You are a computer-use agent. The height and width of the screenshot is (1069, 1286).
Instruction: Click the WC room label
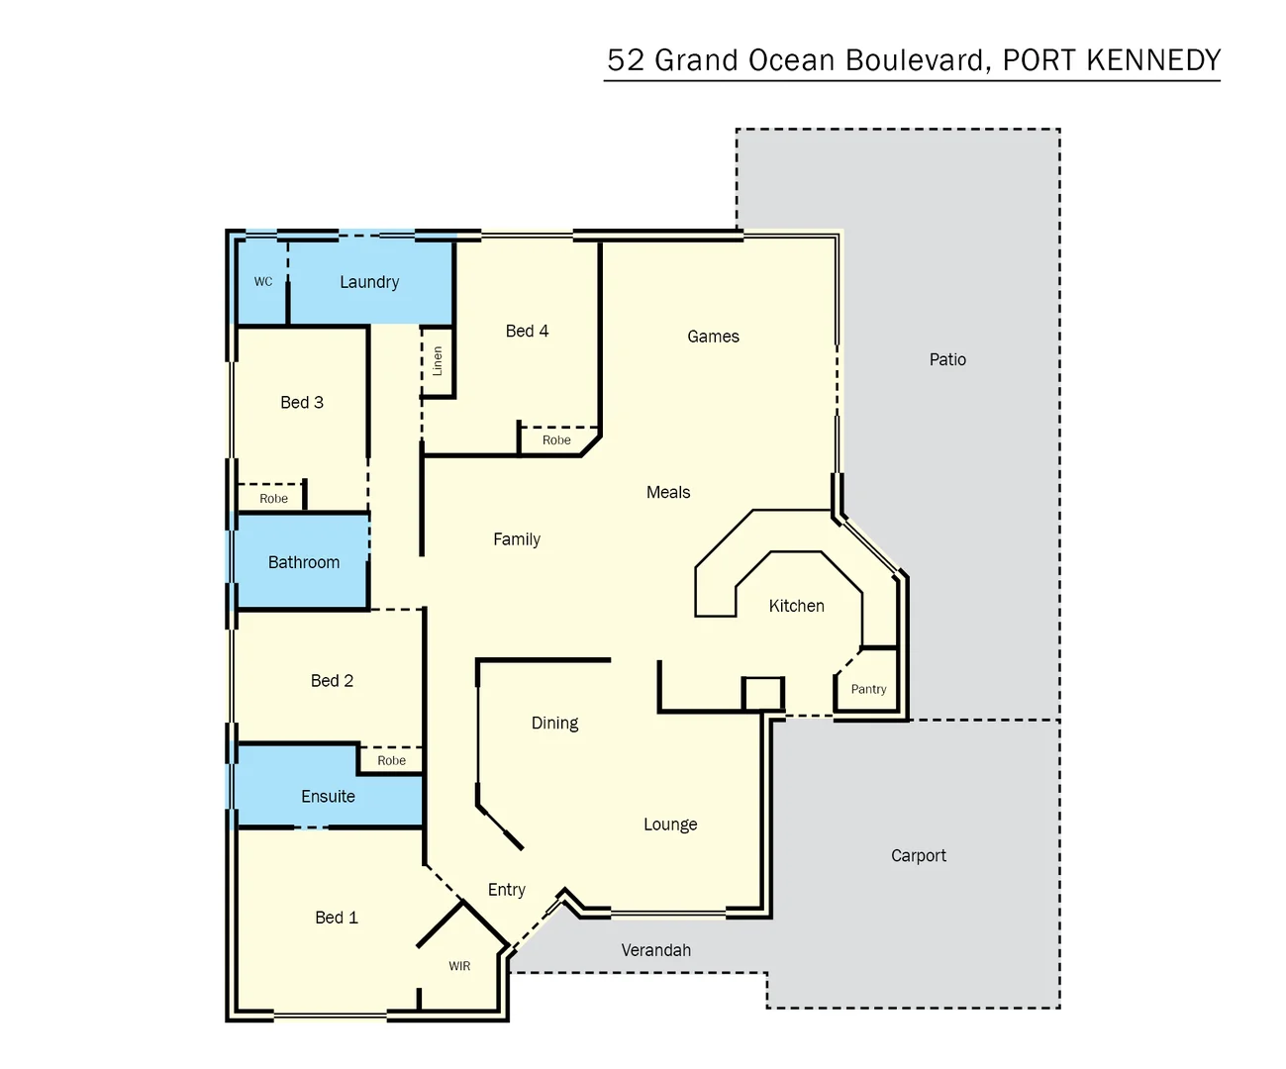click(263, 282)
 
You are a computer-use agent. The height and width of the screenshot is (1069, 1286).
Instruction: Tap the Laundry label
click(369, 282)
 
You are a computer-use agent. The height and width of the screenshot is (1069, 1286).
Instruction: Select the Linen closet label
click(438, 360)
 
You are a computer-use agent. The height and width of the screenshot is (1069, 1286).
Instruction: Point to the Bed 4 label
click(527, 332)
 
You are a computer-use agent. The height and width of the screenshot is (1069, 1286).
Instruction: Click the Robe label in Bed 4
click(556, 440)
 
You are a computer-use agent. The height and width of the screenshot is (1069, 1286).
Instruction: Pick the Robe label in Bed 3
click(274, 499)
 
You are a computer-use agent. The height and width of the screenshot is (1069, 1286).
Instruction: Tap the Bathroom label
click(304, 562)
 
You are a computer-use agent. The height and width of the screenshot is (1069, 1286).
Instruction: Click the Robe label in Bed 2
click(392, 761)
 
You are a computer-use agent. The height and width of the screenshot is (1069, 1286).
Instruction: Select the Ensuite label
click(328, 797)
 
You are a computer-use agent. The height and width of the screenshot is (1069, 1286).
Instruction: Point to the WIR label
click(459, 966)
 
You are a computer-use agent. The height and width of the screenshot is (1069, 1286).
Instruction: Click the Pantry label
click(868, 690)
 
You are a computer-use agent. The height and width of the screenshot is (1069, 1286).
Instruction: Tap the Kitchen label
click(796, 606)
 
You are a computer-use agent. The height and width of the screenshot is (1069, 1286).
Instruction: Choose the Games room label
click(713, 337)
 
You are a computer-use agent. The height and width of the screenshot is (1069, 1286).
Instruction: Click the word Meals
click(668, 493)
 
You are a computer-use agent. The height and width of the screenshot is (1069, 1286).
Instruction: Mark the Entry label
click(507, 890)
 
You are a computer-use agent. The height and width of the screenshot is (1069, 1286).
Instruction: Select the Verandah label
click(655, 950)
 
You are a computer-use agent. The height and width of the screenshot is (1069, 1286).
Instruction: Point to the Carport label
click(918, 856)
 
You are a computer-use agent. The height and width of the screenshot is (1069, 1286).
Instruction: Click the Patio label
click(947, 360)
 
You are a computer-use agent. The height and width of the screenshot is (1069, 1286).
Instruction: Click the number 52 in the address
click(626, 60)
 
